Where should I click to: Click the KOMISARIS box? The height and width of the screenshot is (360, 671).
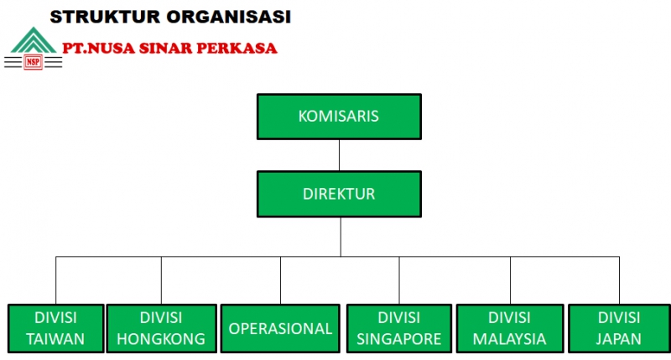[339, 117]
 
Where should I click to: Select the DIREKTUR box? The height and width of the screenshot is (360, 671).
[339, 194]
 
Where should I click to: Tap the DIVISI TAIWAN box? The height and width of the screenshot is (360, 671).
[55, 328]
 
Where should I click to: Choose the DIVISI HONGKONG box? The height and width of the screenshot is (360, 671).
[161, 328]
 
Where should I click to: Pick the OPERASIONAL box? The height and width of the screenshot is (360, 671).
[280, 328]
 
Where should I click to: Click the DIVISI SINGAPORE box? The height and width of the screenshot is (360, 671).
[399, 328]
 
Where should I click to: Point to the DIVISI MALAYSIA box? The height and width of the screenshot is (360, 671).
[510, 328]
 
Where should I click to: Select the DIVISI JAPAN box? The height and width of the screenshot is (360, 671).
[619, 328]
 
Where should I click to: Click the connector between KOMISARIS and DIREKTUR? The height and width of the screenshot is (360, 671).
[340, 155]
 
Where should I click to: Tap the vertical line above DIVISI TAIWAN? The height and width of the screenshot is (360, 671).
[55, 280]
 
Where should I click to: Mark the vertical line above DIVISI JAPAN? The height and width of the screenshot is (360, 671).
[619, 280]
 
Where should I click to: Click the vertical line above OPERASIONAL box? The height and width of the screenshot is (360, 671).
[281, 280]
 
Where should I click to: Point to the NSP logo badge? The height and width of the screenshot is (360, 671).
[33, 62]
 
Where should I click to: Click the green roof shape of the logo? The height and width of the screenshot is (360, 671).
[34, 40]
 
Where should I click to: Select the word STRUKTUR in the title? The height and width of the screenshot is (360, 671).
[105, 17]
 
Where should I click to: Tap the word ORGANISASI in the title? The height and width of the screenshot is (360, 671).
[228, 17]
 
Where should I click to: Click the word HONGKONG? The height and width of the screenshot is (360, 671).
[161, 339]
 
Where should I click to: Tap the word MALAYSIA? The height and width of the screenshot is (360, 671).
[509, 339]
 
